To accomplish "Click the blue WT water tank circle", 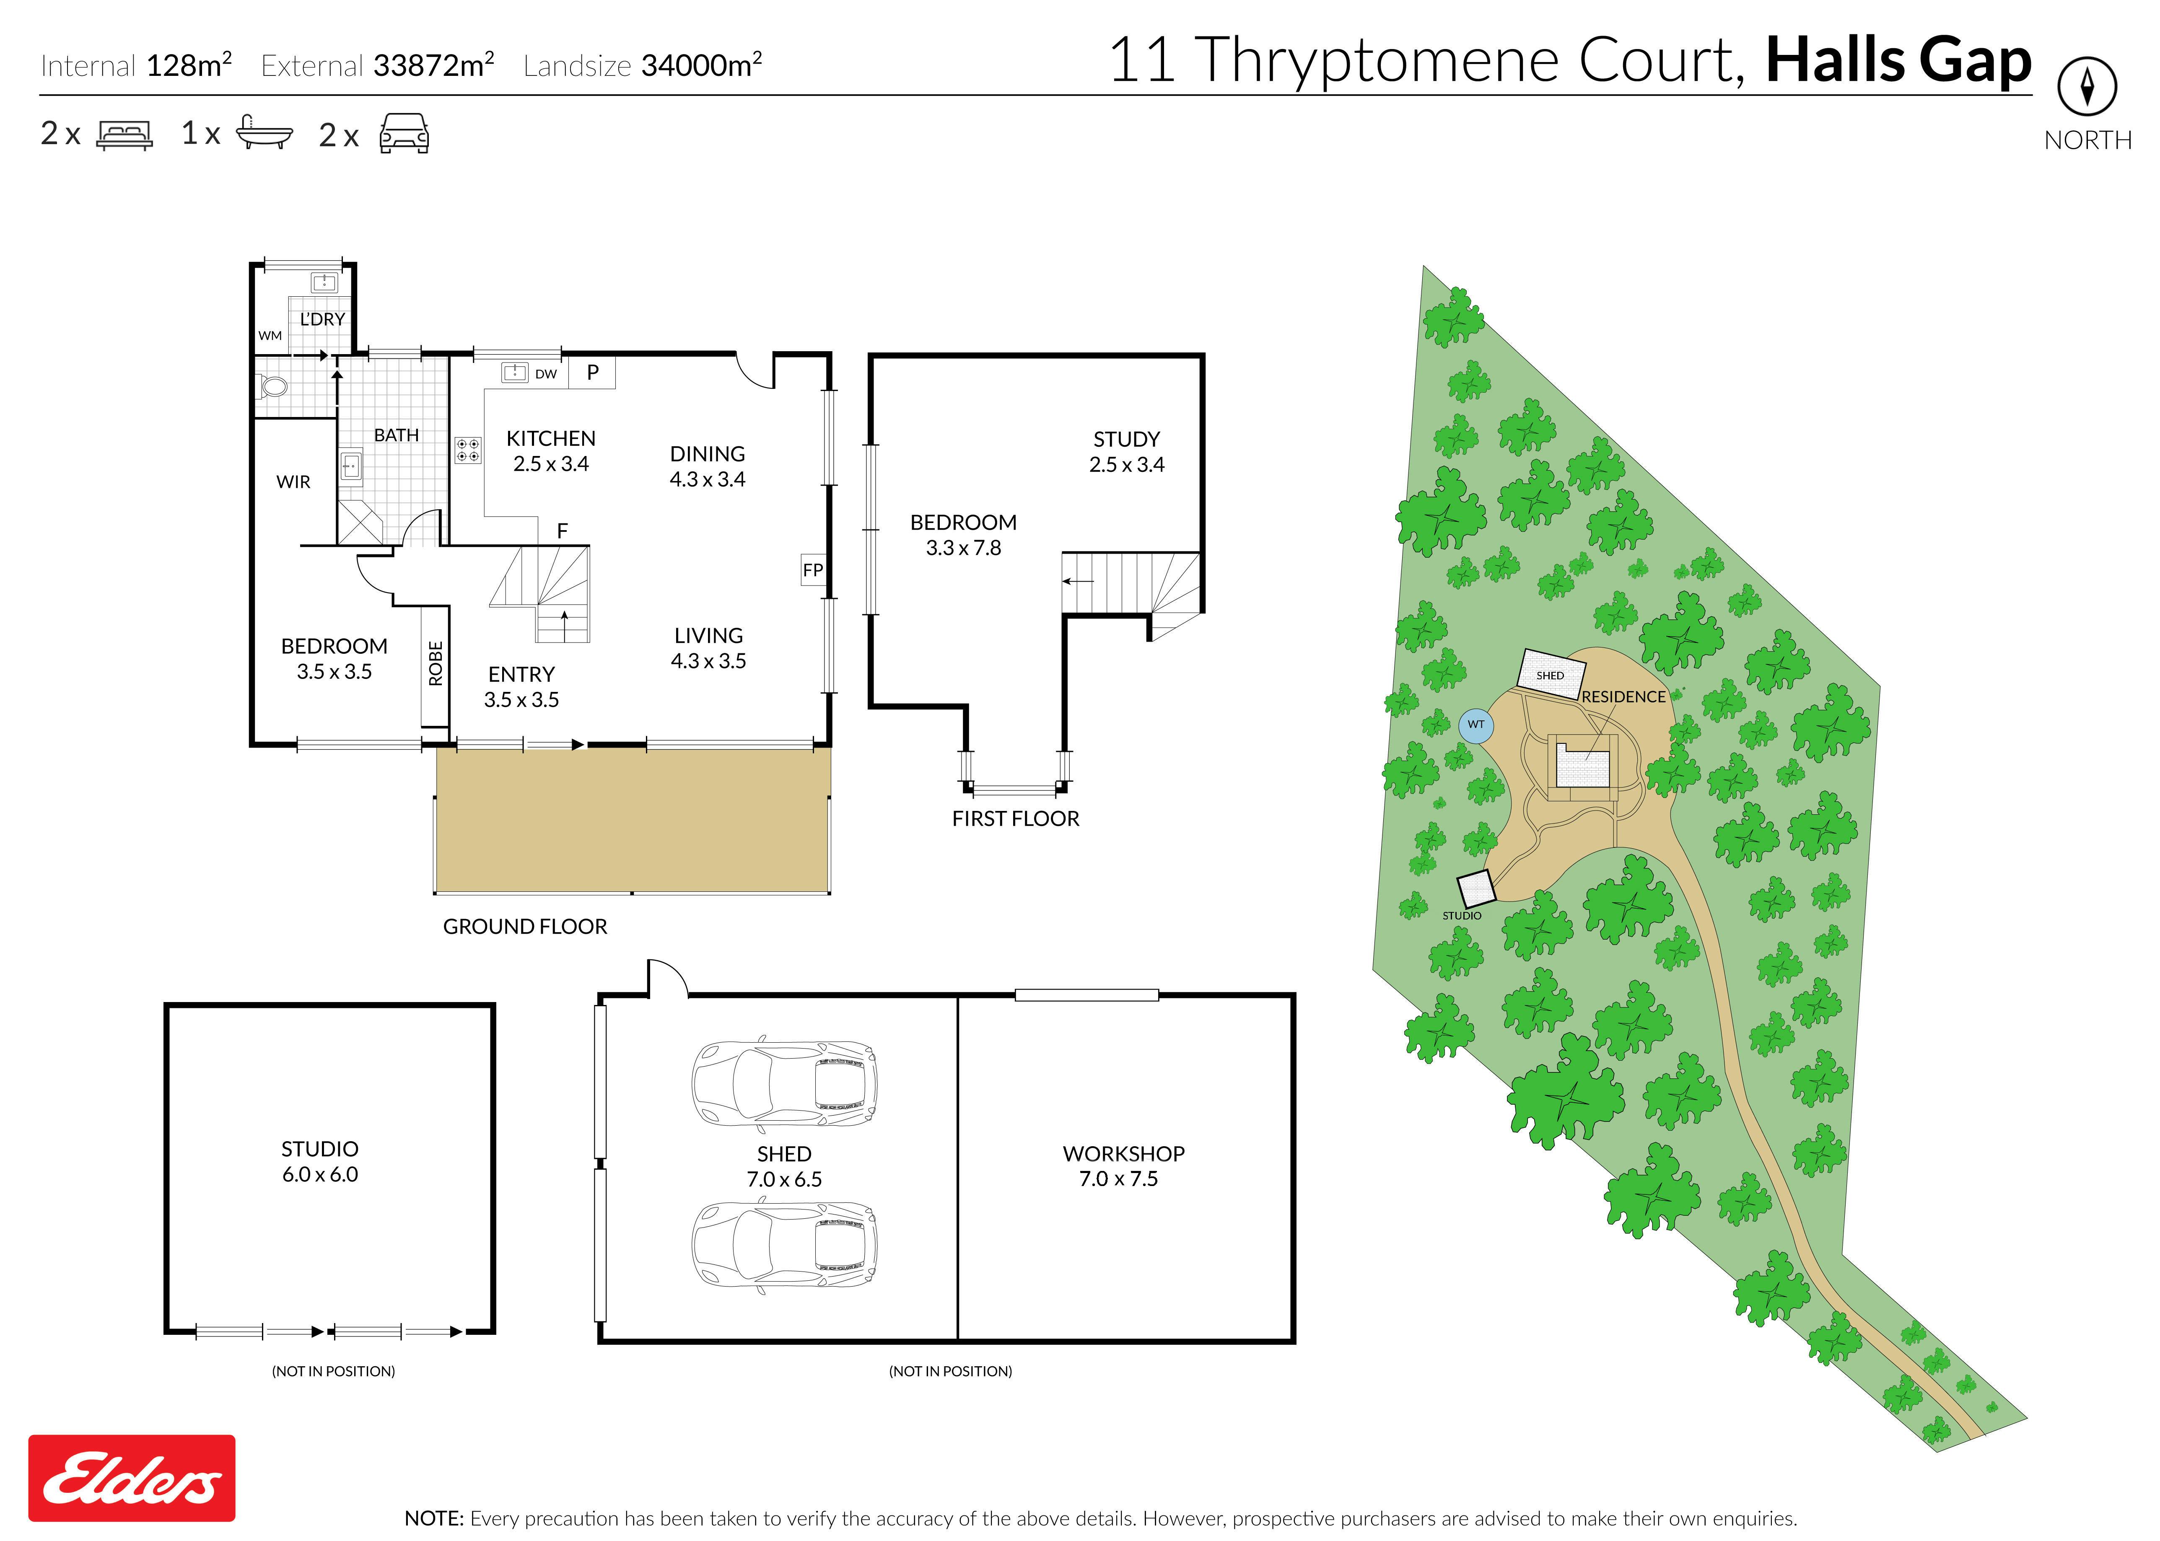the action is pos(1476,726).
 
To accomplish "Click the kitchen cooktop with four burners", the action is pos(468,450).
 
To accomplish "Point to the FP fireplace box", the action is pos(813,569).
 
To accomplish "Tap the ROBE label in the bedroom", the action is pos(436,663).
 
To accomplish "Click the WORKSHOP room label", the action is pos(1124,1154).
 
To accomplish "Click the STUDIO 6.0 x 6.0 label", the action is pos(320,1161).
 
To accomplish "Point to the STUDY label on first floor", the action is pos(1126,439).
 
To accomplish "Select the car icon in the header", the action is pos(404,134).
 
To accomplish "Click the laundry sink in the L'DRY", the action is pos(324,282).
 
